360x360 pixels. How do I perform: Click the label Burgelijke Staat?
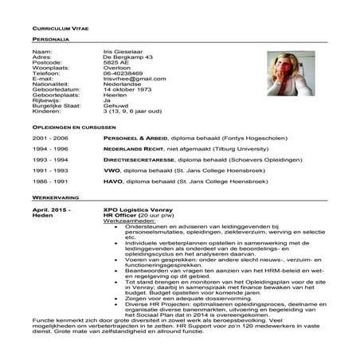(57, 107)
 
